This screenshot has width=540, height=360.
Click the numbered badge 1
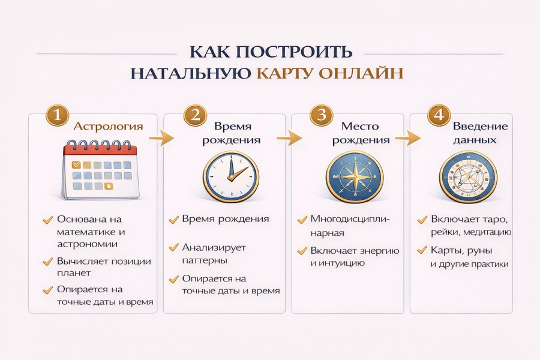[x=57, y=115]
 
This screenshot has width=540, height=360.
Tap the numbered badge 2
[x=195, y=115]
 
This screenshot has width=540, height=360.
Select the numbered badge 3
[x=322, y=115]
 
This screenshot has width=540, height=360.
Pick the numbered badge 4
[x=439, y=115]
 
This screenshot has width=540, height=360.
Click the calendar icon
[x=101, y=170]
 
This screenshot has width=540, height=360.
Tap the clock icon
[x=230, y=175]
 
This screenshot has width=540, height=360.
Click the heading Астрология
[x=108, y=127]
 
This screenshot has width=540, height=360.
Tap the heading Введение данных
[x=480, y=133]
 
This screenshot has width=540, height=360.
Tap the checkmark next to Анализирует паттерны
[x=173, y=248]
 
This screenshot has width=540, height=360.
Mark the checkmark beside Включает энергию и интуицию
[x=302, y=251]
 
